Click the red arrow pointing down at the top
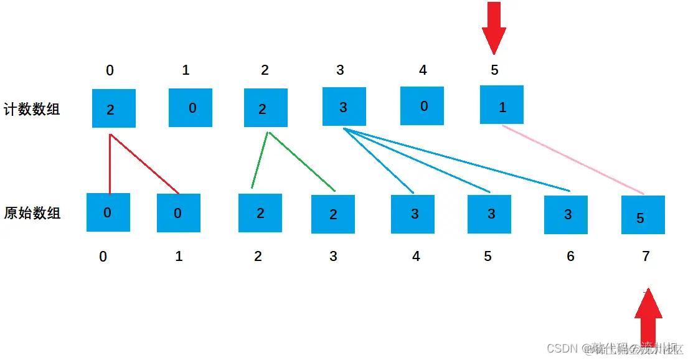(494, 27)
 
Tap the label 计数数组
(32, 110)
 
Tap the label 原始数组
(32, 213)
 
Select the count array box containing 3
(344, 107)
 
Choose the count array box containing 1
(502, 105)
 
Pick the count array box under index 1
(191, 108)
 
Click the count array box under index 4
(422, 106)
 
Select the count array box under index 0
(114, 108)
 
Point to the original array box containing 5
(643, 216)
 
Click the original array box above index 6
(566, 215)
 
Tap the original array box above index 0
(108, 212)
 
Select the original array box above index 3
(333, 214)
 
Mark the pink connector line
(573, 159)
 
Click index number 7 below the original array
(646, 256)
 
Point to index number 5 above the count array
(494, 70)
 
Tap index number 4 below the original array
(416, 256)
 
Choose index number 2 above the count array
(265, 70)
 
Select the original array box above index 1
(179, 214)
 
